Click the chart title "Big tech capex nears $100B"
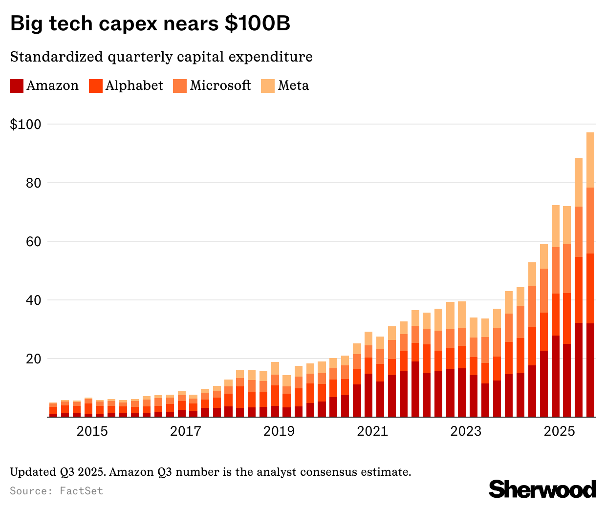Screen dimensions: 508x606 click(150, 23)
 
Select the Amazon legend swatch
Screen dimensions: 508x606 click(17, 86)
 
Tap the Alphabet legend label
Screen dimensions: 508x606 click(134, 85)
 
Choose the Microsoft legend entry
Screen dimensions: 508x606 click(220, 85)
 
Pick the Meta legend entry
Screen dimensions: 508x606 click(293, 85)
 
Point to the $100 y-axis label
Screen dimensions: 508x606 click(25, 125)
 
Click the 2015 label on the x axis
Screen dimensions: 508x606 click(92, 431)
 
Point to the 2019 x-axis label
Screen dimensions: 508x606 click(279, 431)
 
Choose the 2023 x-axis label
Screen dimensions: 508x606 click(466, 431)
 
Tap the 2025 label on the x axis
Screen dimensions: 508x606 click(560, 431)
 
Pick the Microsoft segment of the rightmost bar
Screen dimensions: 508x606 click(590, 220)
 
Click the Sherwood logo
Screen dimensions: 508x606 click(542, 489)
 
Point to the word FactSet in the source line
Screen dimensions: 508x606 click(81, 490)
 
